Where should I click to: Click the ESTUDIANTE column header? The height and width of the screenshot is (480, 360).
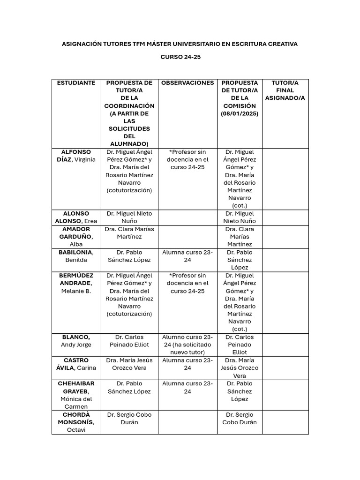(76, 83)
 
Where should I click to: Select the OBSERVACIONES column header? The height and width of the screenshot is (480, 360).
(187, 83)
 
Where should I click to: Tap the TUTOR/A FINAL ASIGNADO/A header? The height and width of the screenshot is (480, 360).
(285, 90)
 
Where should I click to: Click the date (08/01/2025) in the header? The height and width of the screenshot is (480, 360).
(240, 113)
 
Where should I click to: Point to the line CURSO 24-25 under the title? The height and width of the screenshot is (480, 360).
(180, 57)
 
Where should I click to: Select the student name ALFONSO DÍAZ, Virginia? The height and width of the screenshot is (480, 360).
(76, 156)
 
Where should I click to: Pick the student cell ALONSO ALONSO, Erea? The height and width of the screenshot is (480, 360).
(76, 217)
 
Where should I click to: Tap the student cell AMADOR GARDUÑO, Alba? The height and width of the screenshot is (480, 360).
(76, 237)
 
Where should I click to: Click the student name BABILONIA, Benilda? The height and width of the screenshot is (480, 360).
(76, 256)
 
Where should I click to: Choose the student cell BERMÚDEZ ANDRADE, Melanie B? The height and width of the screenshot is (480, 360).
(76, 283)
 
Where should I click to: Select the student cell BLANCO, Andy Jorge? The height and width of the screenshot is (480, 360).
(76, 341)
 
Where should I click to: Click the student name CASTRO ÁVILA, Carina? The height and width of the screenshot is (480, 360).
(76, 364)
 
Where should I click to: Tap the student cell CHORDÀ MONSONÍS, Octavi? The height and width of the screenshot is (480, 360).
(76, 422)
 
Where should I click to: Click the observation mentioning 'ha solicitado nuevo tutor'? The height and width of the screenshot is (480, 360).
(187, 345)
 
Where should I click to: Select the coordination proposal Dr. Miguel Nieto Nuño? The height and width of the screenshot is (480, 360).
(129, 217)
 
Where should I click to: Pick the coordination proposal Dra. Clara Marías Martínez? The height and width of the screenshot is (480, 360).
(129, 233)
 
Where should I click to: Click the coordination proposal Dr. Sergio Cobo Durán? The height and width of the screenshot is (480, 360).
(129, 419)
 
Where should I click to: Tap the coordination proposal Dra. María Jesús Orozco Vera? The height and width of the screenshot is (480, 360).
(129, 364)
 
